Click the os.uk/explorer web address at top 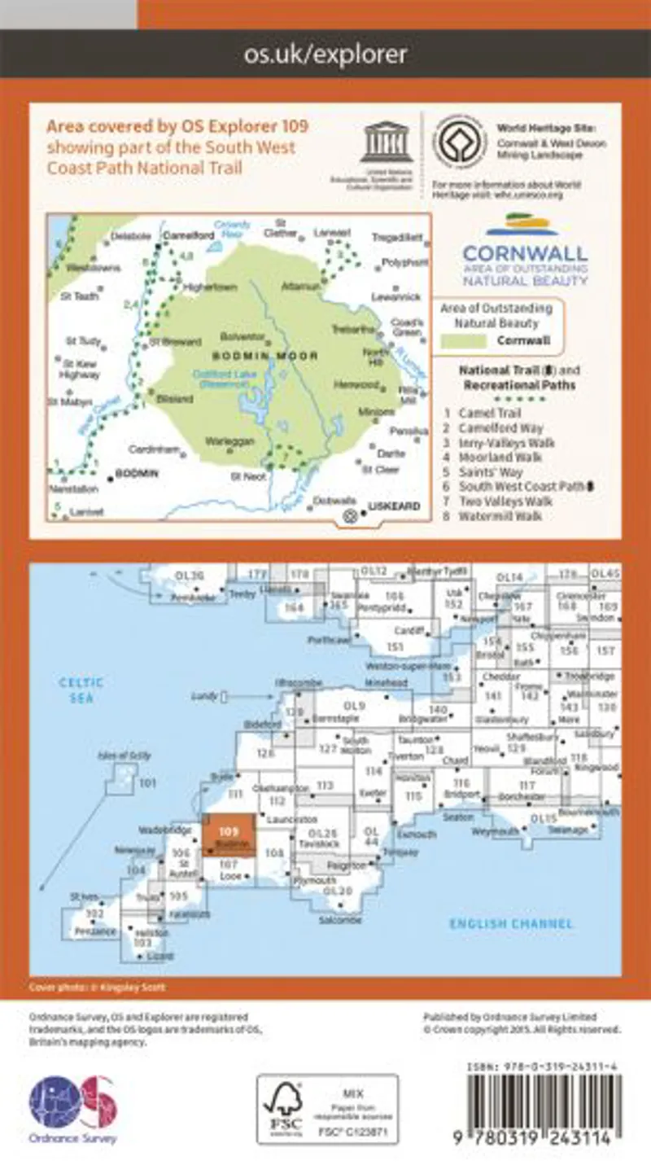325,55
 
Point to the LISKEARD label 394,506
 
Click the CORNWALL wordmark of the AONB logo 525,252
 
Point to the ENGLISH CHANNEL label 512,923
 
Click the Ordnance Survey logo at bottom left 72,1108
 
